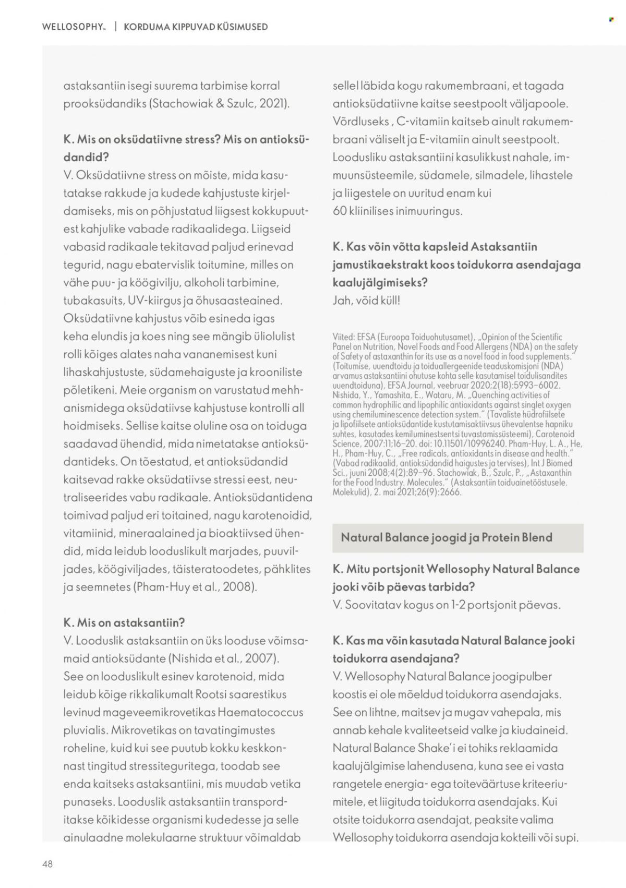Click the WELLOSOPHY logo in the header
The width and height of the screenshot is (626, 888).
coord(74,27)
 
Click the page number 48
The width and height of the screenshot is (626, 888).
coord(47,863)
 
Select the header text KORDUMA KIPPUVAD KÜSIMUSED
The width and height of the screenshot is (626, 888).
coord(196,27)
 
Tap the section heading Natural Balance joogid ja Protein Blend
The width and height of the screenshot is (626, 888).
coord(447,537)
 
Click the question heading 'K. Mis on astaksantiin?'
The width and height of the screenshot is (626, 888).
coord(124,622)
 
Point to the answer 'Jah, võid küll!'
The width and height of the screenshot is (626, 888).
coord(366,301)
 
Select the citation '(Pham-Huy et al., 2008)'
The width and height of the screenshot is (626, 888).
coord(196,586)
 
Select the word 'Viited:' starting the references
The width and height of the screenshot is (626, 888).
coord(343,338)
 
